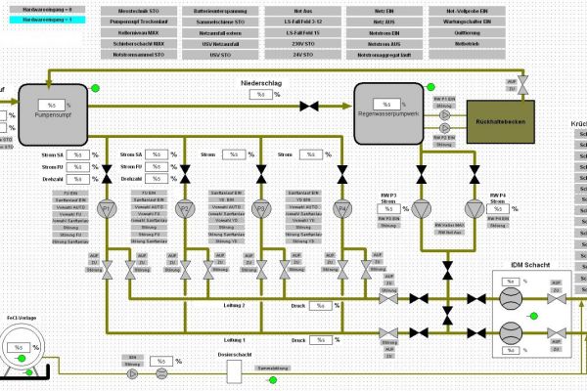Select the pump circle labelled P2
pos(184,209)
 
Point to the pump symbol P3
pos(261,209)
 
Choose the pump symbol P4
pos(342,209)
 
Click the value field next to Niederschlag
pos(260,95)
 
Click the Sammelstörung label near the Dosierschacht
pos(271,369)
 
